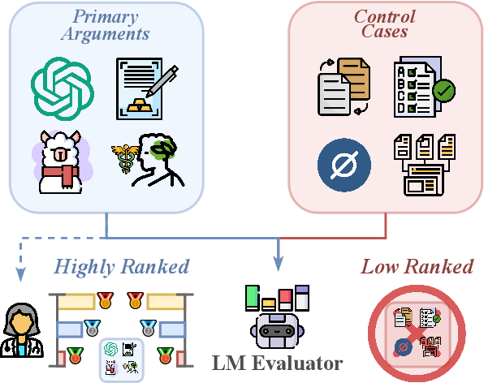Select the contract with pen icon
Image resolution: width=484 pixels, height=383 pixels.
pos(145,84)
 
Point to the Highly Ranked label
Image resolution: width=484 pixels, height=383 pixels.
pos(122,266)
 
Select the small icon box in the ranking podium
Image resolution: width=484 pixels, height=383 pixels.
pos(121,357)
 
